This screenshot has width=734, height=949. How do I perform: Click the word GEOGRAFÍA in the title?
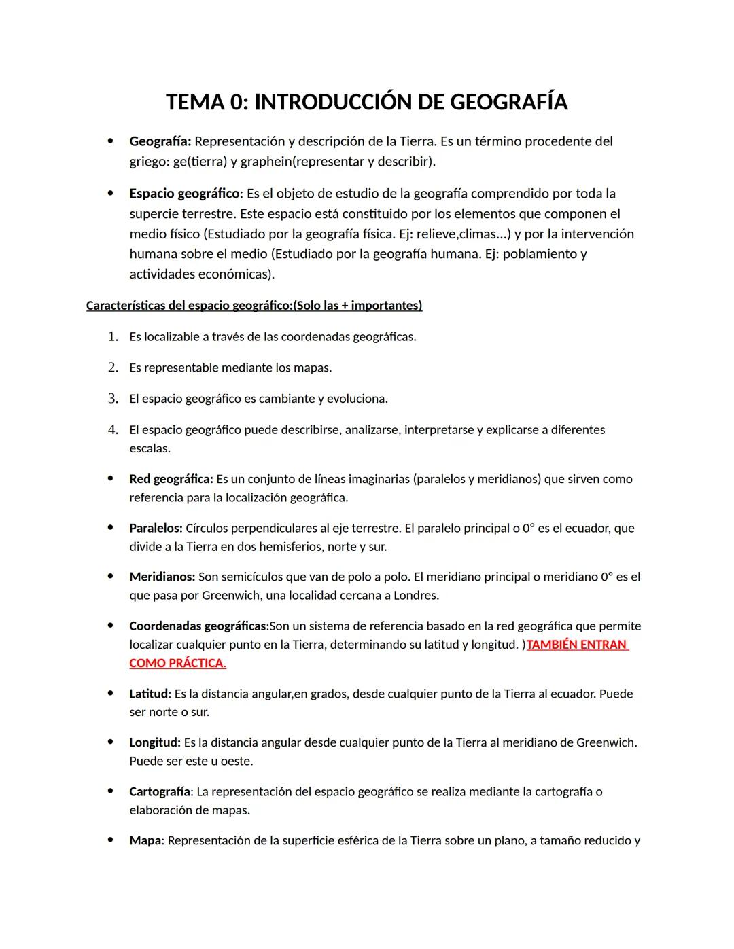[508, 102]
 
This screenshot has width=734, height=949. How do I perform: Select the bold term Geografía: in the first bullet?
[160, 141]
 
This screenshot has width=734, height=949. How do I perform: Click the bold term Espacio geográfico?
[184, 194]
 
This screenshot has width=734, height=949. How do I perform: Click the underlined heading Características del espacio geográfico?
[188, 306]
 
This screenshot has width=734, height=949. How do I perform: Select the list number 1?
[113, 336]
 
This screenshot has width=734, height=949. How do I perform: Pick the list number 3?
[113, 399]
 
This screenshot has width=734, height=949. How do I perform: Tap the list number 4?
[113, 430]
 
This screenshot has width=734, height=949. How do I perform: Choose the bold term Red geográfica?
[171, 479]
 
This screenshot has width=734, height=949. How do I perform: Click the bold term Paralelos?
[156, 528]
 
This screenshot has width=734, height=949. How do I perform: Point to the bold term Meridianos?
[162, 577]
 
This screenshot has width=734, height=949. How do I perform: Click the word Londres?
[415, 596]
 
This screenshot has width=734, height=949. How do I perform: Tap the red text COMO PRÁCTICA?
[177, 663]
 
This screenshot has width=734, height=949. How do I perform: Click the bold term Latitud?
[148, 694]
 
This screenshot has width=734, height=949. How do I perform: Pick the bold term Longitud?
[155, 742]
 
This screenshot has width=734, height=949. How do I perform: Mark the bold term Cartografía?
[160, 791]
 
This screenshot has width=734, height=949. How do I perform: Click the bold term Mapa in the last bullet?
[145, 840]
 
